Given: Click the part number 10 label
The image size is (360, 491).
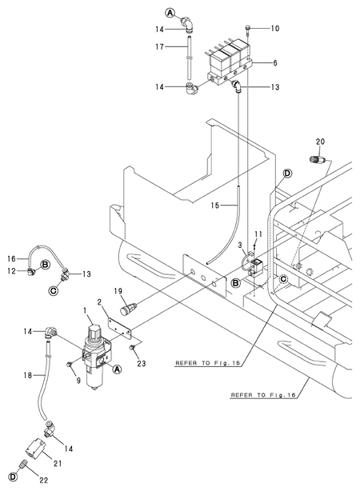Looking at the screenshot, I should tap(275, 29).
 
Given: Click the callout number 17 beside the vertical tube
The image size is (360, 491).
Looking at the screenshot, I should tap(158, 47).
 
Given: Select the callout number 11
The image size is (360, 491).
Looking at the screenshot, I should tap(258, 234).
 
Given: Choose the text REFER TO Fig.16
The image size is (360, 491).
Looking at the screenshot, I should tap(257, 394).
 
